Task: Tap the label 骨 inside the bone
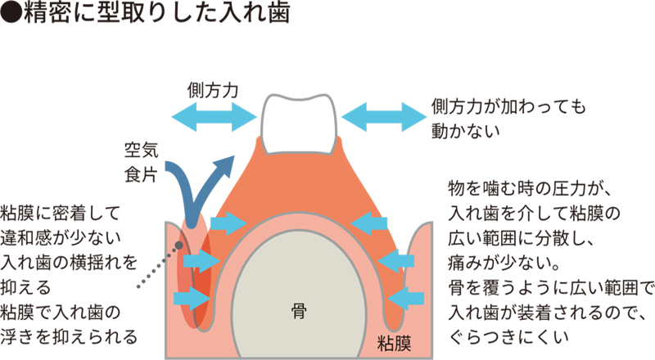(x=299, y=311)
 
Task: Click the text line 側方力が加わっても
(x=509, y=107)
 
